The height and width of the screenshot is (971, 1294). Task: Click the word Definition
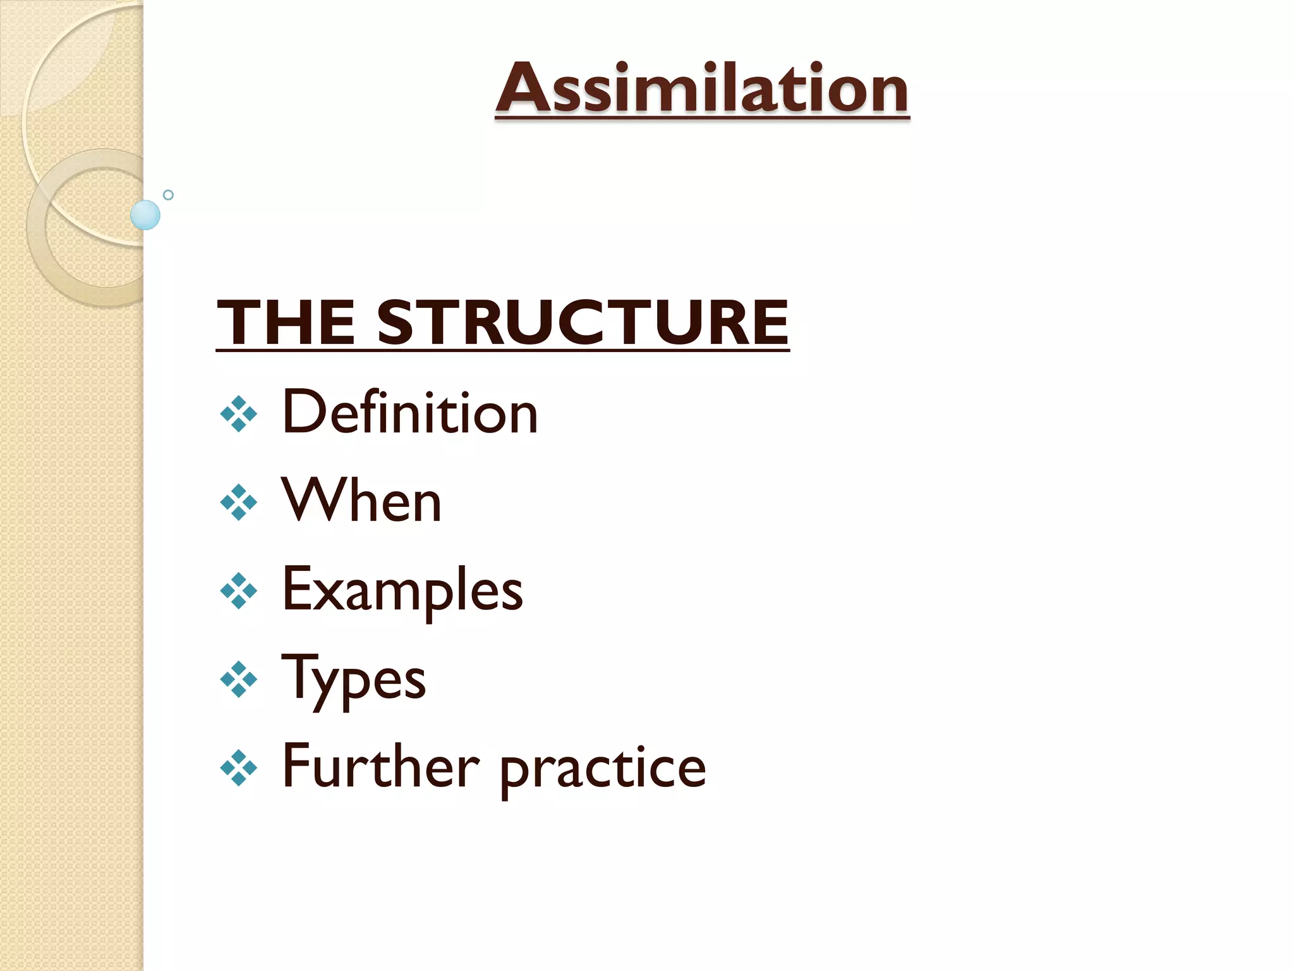pos(409,412)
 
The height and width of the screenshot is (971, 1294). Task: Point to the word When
pos(361,501)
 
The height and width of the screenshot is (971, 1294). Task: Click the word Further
pos(380,767)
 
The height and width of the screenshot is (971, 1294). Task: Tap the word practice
pos(603,769)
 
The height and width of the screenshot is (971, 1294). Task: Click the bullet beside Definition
pos(239,414)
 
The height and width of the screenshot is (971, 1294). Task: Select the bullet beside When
pos(239,503)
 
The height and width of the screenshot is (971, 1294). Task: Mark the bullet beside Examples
pos(239,591)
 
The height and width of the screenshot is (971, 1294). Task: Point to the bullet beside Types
pos(239,680)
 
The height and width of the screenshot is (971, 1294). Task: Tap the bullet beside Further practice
pos(239,768)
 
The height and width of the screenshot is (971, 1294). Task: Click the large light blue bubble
pos(145,215)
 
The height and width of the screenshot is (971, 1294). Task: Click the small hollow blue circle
pos(168,195)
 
